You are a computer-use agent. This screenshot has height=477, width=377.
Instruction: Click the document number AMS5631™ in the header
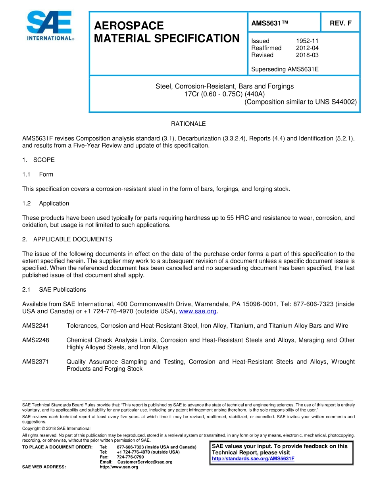point(269,23)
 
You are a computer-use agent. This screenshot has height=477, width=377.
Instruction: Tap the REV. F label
point(340,23)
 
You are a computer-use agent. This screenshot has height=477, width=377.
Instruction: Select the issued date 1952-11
point(307,41)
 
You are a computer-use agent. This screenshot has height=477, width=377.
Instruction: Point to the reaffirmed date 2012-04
point(307,48)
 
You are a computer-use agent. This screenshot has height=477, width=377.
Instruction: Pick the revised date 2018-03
point(307,55)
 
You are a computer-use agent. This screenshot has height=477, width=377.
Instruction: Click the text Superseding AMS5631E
point(285,69)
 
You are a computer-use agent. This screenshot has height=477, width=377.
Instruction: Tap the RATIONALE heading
point(188,124)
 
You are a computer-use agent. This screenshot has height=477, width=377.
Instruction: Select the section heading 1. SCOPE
point(38,160)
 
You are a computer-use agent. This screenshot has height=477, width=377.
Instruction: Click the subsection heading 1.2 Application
point(46,203)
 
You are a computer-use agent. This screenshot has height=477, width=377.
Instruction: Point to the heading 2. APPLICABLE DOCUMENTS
point(67,239)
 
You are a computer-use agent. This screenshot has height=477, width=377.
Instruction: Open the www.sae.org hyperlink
point(198,311)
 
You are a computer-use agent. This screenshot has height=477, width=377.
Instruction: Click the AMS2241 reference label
point(36,326)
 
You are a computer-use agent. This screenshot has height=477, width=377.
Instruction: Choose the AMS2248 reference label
point(36,340)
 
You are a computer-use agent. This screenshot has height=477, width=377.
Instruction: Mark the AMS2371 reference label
point(36,362)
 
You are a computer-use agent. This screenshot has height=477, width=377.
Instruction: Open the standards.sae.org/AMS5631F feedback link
point(253,459)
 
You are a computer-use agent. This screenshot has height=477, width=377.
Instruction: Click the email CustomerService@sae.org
point(145,462)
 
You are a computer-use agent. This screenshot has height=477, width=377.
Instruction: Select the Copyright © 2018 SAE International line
point(56,428)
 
